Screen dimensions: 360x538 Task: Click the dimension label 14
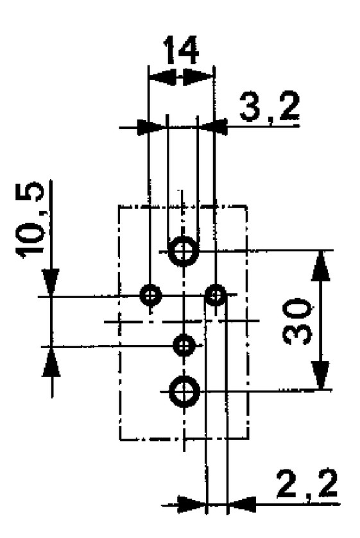point(181,50)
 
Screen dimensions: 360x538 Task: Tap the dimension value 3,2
point(269,108)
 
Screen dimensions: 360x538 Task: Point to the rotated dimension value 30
point(297,321)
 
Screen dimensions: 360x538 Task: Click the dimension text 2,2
point(307,485)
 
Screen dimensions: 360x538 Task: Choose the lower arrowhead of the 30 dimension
point(321,374)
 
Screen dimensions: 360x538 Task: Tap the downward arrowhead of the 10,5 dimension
point(51,282)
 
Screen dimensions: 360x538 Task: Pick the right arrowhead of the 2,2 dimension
point(243,505)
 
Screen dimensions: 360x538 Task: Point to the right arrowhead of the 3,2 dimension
point(214,127)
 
